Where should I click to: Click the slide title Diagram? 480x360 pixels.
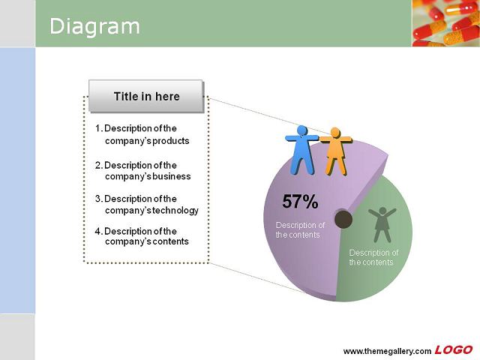click(94, 27)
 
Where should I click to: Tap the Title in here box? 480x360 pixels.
click(146, 97)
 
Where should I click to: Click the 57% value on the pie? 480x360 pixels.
click(300, 202)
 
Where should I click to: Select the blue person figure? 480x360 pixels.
click(301, 150)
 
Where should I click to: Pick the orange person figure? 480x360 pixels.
click(336, 151)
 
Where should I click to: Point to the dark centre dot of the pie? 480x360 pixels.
click(343, 219)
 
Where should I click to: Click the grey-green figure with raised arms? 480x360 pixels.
click(382, 224)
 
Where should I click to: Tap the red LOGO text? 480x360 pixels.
click(454, 350)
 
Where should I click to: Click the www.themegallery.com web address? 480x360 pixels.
click(387, 351)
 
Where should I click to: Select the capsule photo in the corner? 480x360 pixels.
click(446, 23)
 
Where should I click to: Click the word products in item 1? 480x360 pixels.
click(171, 141)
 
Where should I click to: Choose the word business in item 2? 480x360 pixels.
click(172, 176)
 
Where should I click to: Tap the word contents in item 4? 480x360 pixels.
click(170, 241)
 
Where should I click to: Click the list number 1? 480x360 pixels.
click(98, 128)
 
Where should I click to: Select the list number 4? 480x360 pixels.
click(98, 231)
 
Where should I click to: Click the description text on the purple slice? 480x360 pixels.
click(300, 230)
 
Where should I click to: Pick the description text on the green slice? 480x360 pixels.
click(373, 257)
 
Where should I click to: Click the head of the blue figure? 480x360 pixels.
click(302, 130)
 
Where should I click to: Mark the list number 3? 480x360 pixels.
click(98, 199)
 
